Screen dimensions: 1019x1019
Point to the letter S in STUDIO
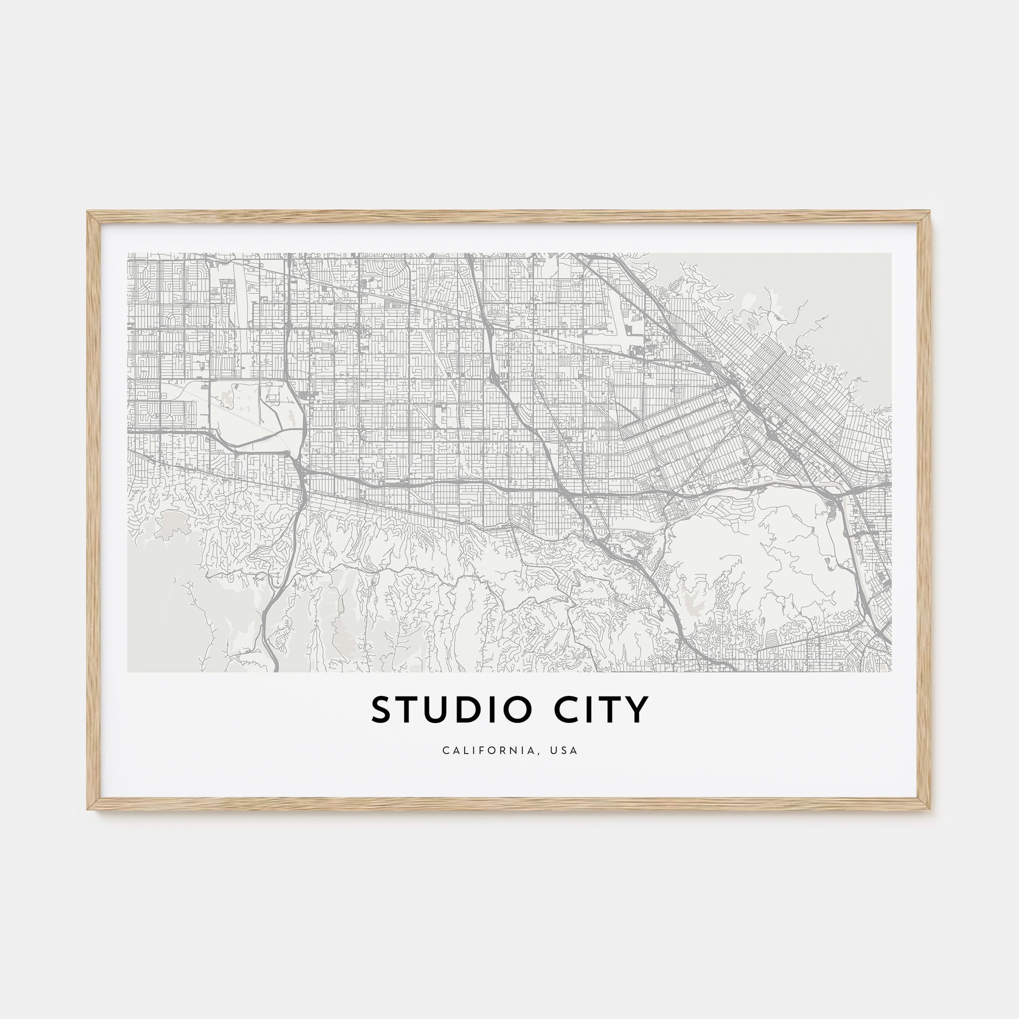382,710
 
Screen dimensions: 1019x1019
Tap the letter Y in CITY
636,710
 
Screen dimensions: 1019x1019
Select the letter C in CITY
565,710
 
